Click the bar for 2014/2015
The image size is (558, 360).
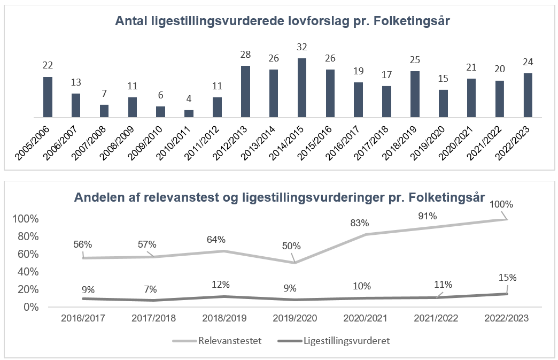[302, 88]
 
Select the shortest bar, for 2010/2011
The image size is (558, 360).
[189, 113]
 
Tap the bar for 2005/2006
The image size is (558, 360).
[48, 97]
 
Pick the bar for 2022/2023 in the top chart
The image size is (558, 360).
[528, 95]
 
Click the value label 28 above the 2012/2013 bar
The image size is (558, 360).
[245, 56]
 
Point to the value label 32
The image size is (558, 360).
[302, 48]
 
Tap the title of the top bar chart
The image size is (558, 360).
[283, 21]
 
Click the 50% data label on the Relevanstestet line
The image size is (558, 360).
[292, 246]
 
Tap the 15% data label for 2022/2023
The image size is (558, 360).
[508, 278]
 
